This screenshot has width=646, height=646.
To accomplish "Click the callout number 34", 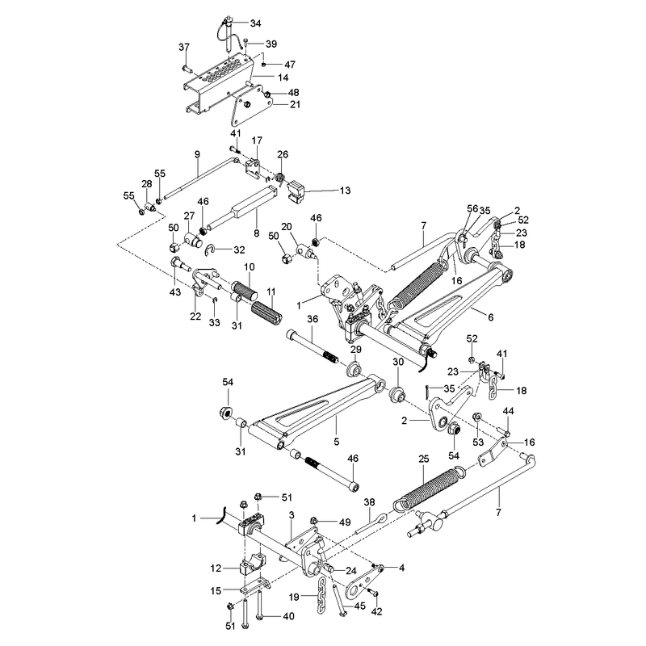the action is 255,23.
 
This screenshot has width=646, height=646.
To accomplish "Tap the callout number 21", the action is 295,105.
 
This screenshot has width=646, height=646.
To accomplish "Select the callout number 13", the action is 345,191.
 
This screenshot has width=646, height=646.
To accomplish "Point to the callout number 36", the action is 313,319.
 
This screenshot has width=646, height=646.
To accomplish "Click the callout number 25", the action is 423,459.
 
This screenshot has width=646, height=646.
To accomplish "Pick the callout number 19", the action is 294,596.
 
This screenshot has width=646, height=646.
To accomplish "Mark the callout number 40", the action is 288,616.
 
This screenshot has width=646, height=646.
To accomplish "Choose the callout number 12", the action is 216,568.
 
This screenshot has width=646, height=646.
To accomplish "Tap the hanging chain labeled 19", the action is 321,595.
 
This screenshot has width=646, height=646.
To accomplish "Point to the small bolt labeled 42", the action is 375,593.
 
